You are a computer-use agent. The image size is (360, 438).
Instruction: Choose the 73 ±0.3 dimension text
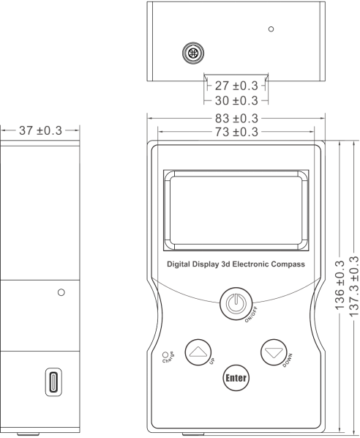click(x=236, y=132)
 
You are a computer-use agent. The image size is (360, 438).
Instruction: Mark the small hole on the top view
click(x=271, y=29)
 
